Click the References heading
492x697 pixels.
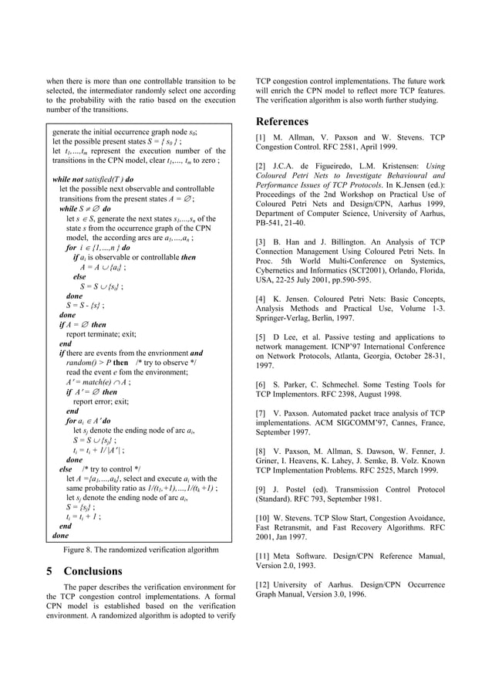pos(281,122)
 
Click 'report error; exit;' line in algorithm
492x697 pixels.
pos(100,401)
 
